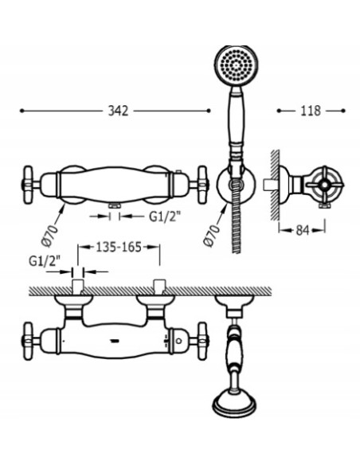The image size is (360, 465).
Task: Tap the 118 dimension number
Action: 311,111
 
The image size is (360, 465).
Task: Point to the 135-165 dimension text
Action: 119,248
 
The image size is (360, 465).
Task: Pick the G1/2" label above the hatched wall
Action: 45,260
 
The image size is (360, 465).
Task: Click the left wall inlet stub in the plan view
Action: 78,287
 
